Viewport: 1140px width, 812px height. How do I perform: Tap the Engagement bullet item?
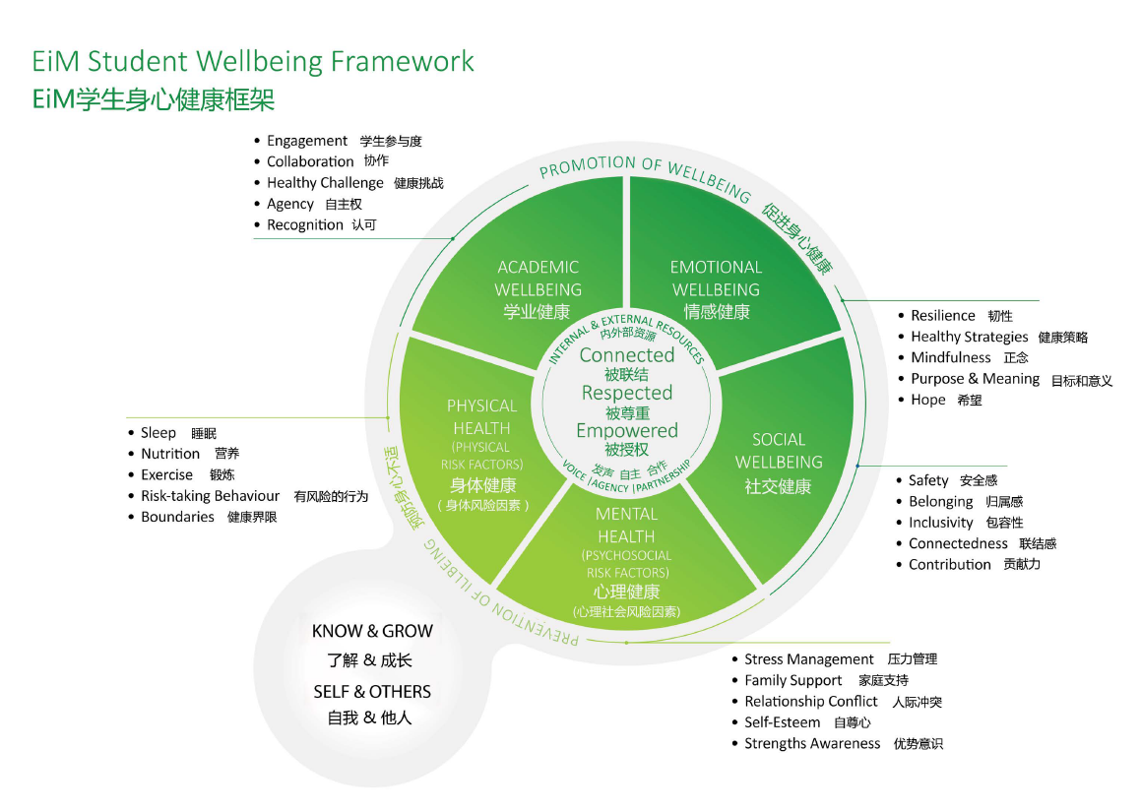(x=307, y=141)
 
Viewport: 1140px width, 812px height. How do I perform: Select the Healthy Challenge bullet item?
(x=325, y=183)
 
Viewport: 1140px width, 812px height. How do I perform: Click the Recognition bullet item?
(x=305, y=225)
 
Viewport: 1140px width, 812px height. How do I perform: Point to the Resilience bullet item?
(x=943, y=316)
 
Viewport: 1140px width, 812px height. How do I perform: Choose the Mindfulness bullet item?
(x=951, y=358)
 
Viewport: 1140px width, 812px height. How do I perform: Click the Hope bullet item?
(x=928, y=401)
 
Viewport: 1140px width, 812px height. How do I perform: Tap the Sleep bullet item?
(x=158, y=433)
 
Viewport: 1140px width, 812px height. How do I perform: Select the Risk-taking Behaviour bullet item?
(x=210, y=496)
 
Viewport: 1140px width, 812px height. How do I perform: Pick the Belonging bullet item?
(x=941, y=502)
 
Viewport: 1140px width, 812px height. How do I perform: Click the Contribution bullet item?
(x=950, y=565)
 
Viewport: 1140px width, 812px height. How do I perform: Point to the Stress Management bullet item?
(x=809, y=659)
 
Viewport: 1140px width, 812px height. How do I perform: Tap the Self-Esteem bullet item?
(x=783, y=722)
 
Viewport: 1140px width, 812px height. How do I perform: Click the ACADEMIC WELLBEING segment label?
(x=538, y=279)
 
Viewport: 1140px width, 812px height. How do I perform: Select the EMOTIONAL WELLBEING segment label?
(x=716, y=279)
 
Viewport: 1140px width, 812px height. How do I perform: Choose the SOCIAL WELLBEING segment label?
(x=779, y=451)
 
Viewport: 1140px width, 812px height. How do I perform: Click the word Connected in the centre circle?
(x=627, y=355)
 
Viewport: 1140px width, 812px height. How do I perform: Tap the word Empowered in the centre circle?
(x=627, y=431)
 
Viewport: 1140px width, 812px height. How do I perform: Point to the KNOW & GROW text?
(x=372, y=632)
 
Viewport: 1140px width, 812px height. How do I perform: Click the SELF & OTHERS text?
(x=372, y=692)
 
